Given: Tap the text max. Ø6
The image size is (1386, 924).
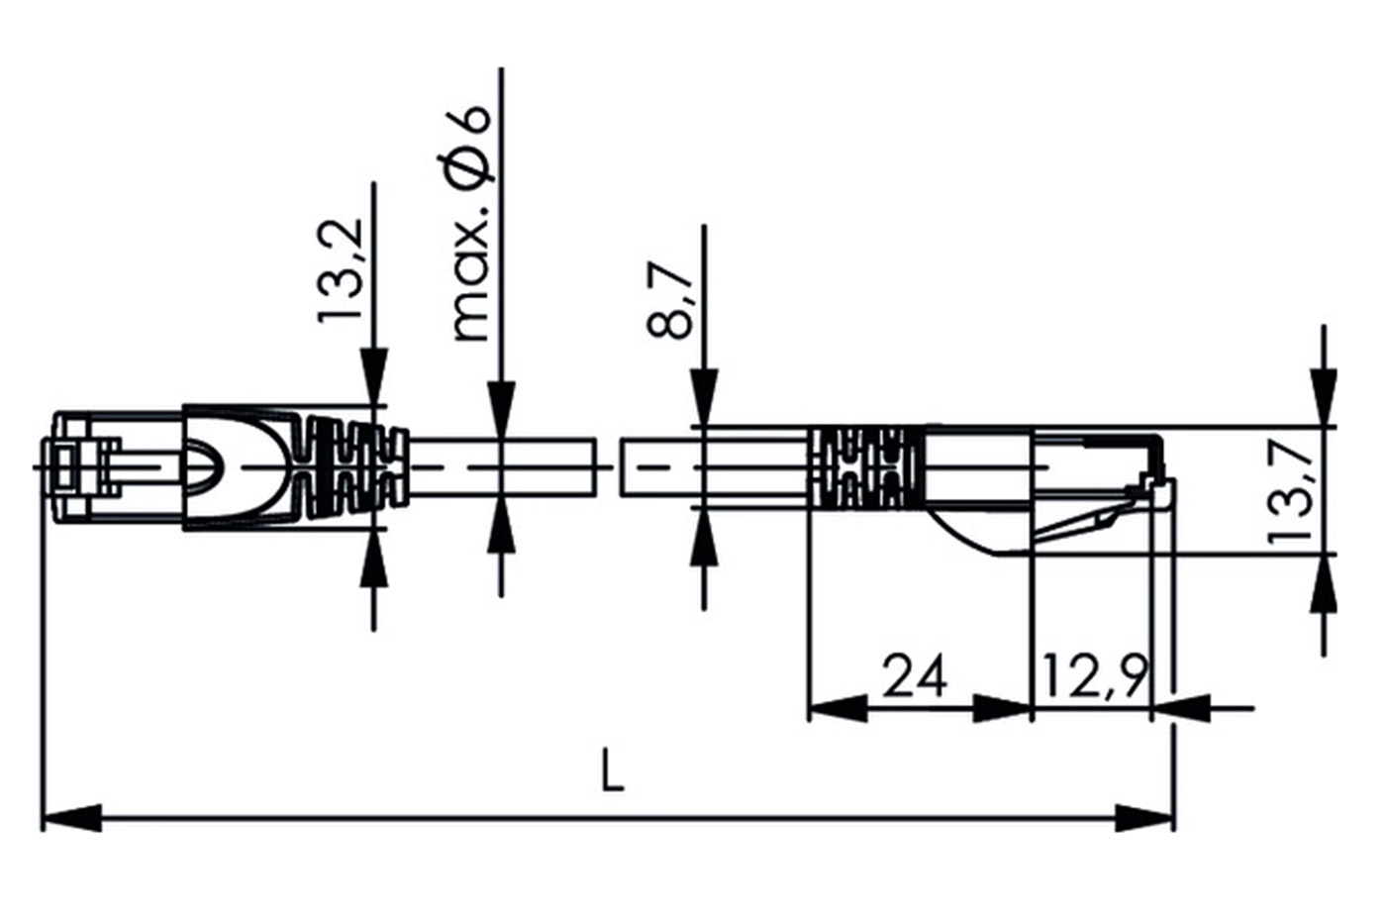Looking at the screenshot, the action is (x=470, y=224).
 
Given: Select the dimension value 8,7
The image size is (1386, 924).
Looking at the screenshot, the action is (x=669, y=300).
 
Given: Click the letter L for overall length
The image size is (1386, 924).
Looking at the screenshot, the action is (x=613, y=770).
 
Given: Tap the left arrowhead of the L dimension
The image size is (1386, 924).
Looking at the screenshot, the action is (x=71, y=818).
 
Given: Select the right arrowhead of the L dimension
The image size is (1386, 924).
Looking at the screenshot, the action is (x=1144, y=818).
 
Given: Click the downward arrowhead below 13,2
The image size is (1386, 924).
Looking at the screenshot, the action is (x=374, y=377).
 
